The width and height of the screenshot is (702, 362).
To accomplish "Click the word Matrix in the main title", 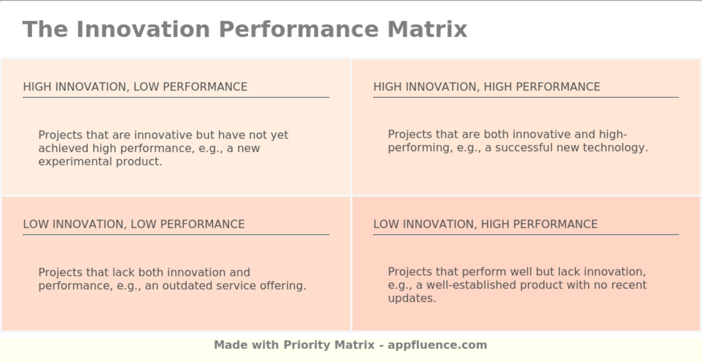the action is click(x=427, y=30).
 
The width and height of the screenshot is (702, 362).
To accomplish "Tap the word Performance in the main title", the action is click(x=299, y=30).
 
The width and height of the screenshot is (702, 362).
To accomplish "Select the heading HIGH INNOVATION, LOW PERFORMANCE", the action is click(x=135, y=87).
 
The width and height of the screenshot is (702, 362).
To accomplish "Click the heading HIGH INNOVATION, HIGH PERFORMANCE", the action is click(x=487, y=87).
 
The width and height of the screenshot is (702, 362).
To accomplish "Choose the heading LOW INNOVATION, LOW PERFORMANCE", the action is click(x=134, y=224).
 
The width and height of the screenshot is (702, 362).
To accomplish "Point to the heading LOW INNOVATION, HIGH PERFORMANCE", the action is click(x=485, y=224).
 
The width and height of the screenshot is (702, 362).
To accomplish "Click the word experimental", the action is click(x=75, y=162).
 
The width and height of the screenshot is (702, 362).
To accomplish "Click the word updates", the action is click(x=412, y=298).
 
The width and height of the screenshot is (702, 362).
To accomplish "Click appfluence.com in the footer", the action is click(x=437, y=345).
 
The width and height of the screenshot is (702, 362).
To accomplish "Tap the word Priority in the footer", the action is click(x=307, y=345).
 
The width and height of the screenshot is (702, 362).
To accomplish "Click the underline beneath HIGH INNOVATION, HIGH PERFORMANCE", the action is click(x=526, y=97).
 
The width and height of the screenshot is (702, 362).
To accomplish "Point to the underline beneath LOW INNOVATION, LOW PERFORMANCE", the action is click(x=176, y=234).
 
